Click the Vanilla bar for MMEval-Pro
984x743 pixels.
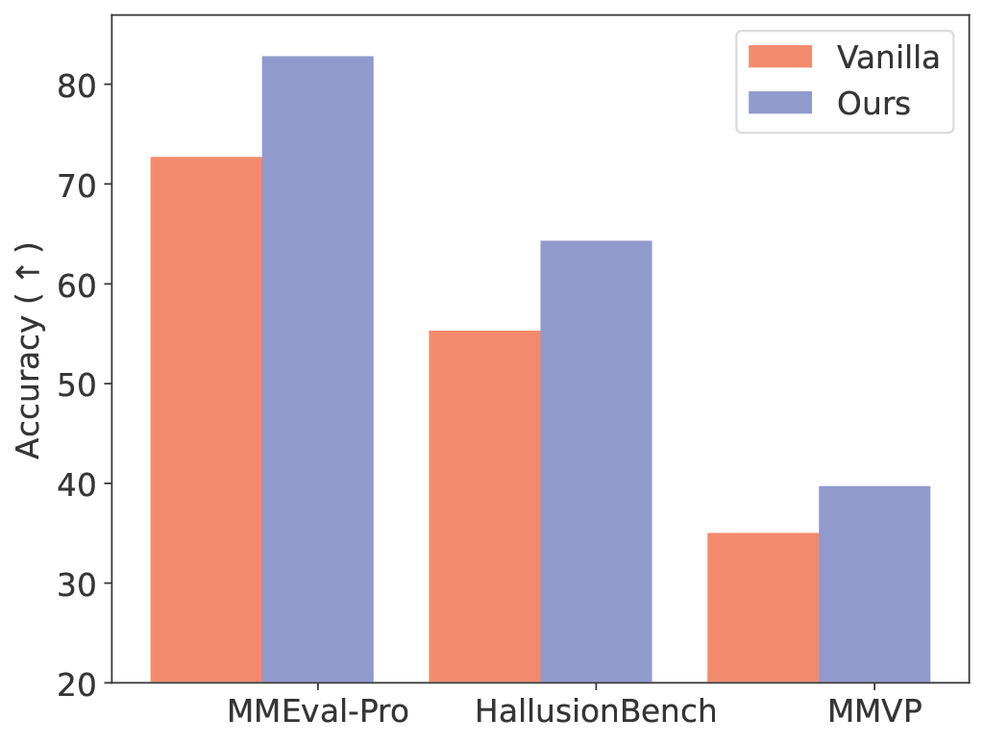(x=207, y=419)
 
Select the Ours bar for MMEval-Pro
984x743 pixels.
(x=318, y=369)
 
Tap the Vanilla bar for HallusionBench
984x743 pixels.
(x=484, y=507)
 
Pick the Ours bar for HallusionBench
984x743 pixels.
(x=596, y=461)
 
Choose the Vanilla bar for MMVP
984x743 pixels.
(x=763, y=607)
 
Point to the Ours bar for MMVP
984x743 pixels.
(x=874, y=583)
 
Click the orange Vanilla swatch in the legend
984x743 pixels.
(x=779, y=57)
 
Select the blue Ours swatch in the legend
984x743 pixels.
(x=779, y=102)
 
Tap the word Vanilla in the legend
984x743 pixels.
(x=888, y=57)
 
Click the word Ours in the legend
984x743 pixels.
(x=873, y=102)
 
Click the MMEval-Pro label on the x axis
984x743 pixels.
(x=318, y=712)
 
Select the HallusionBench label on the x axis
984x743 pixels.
(x=596, y=712)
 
